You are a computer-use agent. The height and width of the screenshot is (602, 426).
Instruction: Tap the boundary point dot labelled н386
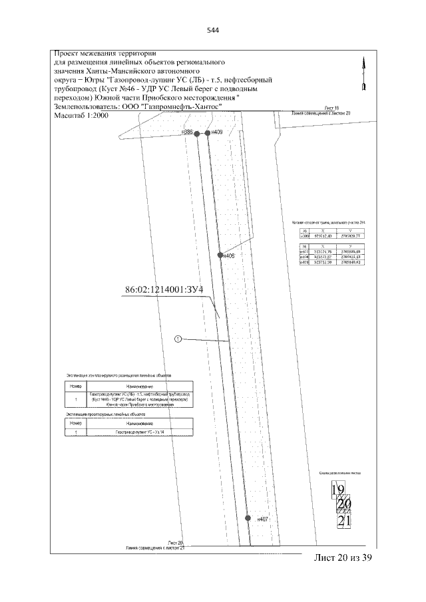196,133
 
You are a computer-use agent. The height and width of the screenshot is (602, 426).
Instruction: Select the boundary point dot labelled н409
208,133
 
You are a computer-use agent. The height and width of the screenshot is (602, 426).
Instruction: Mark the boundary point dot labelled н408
220,255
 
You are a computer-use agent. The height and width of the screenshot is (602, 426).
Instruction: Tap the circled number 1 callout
178,339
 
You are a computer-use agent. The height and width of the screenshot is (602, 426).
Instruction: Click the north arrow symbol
363,75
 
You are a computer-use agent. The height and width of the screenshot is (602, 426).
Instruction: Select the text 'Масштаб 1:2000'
81,115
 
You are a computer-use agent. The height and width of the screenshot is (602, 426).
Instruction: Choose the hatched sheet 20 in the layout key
344,505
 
